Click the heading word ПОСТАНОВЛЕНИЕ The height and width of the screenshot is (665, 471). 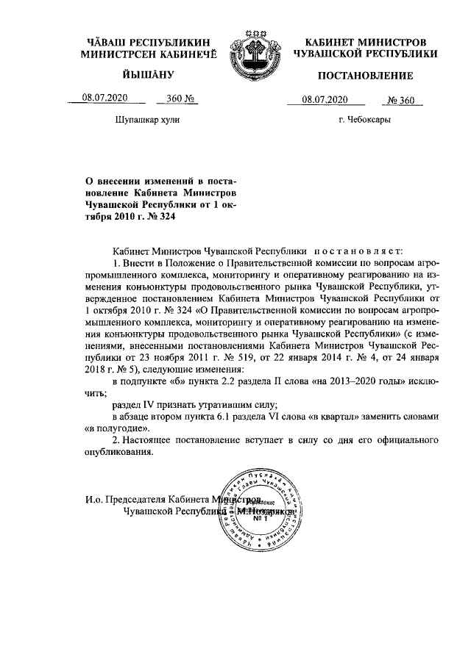(365, 76)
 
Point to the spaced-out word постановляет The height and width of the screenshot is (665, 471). (355, 251)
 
